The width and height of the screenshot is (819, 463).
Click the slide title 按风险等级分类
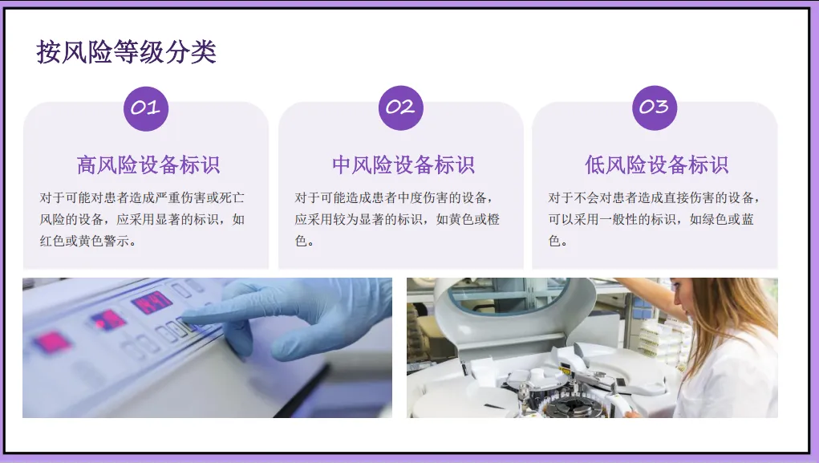point(127,51)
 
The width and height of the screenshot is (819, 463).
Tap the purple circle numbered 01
point(146,108)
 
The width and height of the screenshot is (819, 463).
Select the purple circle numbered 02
point(400,108)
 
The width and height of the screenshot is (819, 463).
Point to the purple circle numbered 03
point(655,108)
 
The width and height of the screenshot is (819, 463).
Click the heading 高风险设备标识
point(148,164)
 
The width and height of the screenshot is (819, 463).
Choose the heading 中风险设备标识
point(403,164)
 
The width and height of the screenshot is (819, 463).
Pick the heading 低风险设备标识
point(656,164)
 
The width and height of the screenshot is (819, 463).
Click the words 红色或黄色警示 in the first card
point(84,241)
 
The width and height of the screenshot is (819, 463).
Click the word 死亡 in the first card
point(232,198)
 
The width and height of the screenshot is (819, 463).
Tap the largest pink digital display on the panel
point(152,303)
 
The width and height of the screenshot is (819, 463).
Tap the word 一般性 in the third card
point(618,220)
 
